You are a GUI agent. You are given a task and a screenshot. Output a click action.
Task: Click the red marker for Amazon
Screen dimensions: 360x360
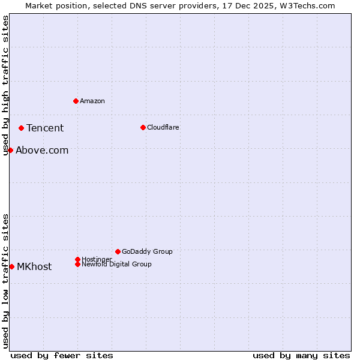point(76,101)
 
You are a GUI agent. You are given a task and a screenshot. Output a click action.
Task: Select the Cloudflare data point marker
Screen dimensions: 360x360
point(143,127)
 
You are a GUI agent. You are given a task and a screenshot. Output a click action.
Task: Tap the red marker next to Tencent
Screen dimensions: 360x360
point(21,128)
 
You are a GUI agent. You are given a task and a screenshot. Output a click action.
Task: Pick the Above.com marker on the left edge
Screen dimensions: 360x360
point(10,150)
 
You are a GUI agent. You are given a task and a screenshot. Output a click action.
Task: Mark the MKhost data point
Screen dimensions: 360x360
point(11,266)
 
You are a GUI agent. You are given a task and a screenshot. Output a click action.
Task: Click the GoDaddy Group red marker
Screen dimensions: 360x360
point(118,251)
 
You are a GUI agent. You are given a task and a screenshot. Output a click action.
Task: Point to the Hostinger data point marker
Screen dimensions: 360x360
point(77,259)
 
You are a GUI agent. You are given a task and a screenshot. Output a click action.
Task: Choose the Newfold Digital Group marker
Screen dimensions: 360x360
point(77,264)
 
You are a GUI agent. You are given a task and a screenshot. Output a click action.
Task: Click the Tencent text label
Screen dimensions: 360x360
point(45,128)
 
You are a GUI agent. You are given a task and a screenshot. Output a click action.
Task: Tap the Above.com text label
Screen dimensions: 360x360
point(42,150)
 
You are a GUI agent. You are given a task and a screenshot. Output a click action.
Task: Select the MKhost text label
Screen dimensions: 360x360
point(34,266)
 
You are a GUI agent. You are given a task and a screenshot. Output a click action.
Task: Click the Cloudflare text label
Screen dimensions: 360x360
point(163,127)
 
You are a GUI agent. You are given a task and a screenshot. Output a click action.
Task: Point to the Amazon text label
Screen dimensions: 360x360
point(92,101)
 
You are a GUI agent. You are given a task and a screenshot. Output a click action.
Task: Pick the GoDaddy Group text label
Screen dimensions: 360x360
point(147,251)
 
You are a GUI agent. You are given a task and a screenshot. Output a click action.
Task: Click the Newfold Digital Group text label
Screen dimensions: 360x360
point(117,264)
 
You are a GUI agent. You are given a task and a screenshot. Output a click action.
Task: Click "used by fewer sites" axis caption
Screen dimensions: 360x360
point(62,355)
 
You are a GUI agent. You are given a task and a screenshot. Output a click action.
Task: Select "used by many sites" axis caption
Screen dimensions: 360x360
point(301,355)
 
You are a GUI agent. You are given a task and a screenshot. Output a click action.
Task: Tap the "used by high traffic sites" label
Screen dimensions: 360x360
point(5,85)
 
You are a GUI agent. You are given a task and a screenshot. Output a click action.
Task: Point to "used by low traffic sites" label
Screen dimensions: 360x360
point(5,280)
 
